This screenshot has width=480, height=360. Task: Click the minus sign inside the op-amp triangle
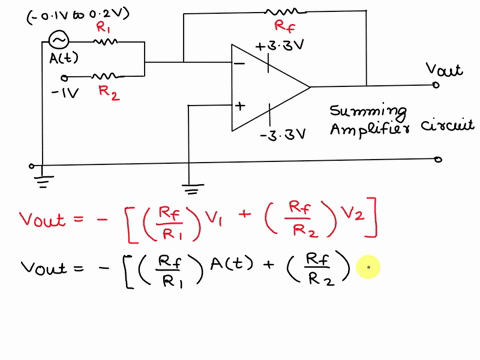coord(241,64)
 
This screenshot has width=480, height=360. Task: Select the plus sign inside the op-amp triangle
coord(241,104)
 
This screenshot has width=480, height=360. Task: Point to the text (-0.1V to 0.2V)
coord(72,12)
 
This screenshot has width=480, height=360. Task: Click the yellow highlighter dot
coord(369,267)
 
